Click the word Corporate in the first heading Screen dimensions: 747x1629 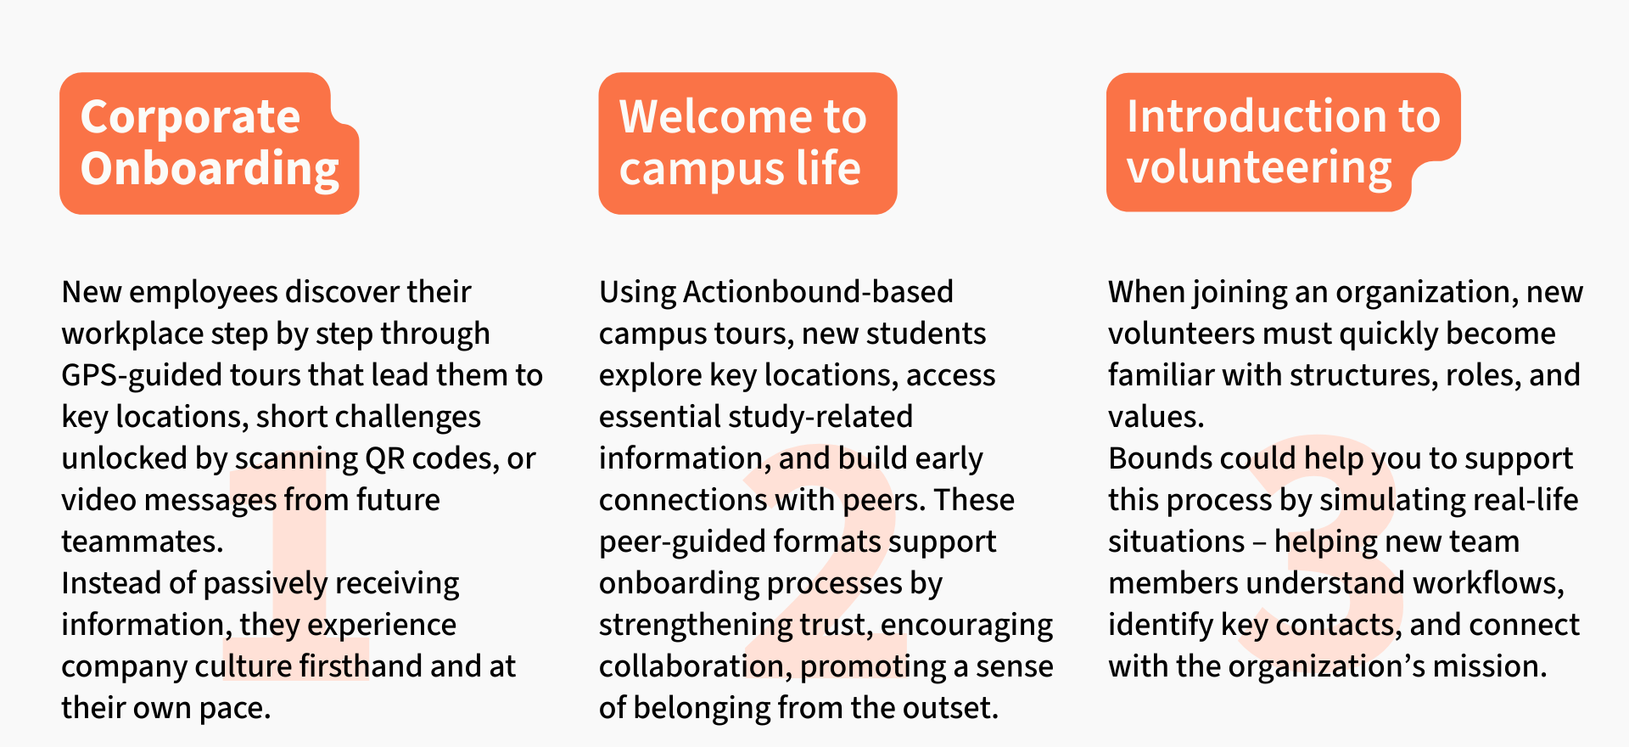pos(190,117)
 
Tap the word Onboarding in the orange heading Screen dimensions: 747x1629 pos(210,169)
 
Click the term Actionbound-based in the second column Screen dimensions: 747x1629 pos(818,292)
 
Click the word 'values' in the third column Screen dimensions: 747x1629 pos(1155,417)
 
